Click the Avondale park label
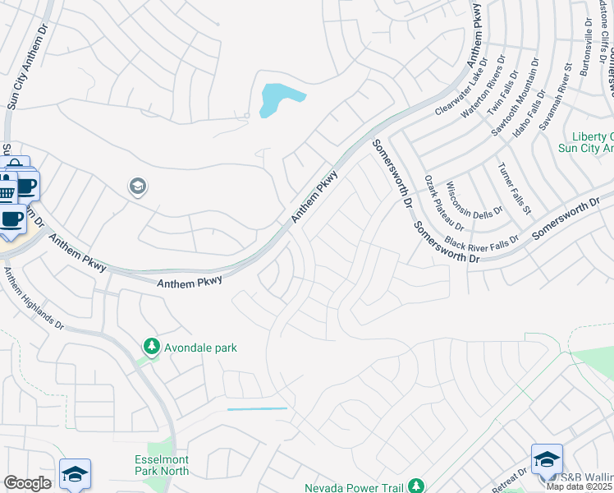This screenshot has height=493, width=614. (200, 348)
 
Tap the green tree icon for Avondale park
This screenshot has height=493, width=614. (151, 348)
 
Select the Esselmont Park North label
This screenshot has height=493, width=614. (162, 465)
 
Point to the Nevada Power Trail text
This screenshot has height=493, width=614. (357, 486)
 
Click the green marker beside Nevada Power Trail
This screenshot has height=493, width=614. (416, 486)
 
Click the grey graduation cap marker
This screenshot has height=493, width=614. (137, 187)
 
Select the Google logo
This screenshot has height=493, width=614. (27, 483)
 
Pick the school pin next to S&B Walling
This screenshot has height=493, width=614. (547, 460)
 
